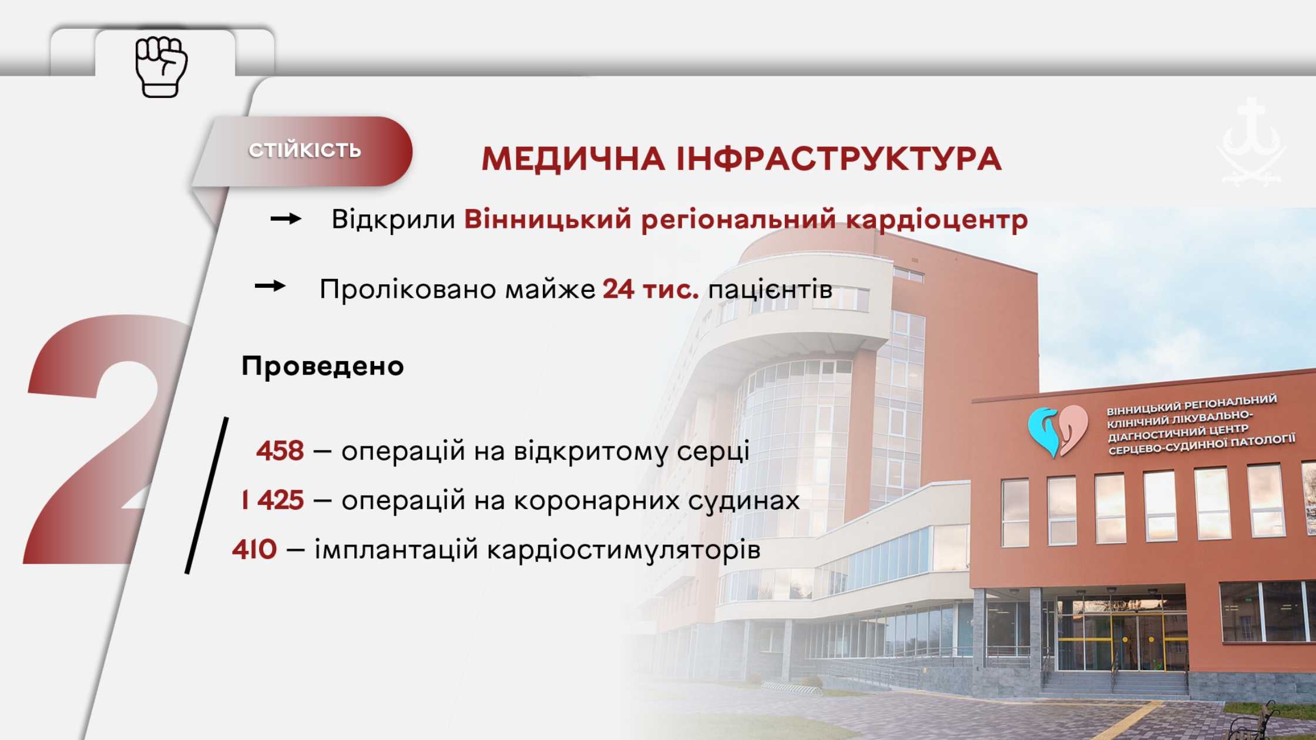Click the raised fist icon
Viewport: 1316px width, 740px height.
[161, 66]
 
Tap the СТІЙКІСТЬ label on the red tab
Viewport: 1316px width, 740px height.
[304, 150]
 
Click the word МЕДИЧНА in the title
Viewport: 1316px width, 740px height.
[573, 159]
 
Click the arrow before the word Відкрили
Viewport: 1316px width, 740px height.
[286, 219]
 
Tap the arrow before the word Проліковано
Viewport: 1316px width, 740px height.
[270, 286]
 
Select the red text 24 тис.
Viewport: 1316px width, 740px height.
[650, 289]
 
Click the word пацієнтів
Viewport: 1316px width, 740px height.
[770, 289]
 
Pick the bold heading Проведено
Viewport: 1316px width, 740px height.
[323, 366]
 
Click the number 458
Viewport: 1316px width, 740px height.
[280, 451]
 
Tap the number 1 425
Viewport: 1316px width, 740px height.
[273, 500]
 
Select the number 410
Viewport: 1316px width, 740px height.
[254, 550]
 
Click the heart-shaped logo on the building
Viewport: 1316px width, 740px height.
[1057, 431]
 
